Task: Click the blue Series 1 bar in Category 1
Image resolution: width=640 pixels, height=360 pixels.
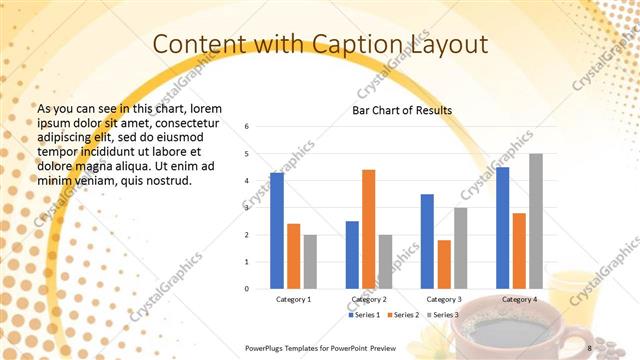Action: click(277, 231)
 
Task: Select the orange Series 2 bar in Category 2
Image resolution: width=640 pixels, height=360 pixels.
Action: click(368, 229)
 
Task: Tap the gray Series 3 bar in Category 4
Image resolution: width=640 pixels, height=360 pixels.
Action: click(536, 221)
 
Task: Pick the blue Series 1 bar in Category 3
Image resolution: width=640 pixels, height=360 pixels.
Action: click(427, 241)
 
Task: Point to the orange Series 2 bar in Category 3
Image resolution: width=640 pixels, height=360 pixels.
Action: click(443, 264)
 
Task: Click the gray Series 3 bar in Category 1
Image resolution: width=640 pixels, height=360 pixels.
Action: click(310, 262)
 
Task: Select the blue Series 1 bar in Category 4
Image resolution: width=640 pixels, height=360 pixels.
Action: click(502, 228)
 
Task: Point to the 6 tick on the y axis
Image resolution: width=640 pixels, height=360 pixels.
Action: click(247, 127)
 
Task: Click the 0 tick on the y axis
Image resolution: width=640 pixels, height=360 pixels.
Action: click(247, 289)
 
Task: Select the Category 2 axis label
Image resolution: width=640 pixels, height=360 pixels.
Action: click(368, 299)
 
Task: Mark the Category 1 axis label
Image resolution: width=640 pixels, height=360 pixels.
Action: click(293, 299)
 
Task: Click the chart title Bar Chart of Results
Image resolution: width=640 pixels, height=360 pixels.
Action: click(402, 110)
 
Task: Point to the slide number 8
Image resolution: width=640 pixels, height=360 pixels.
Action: click(589, 347)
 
